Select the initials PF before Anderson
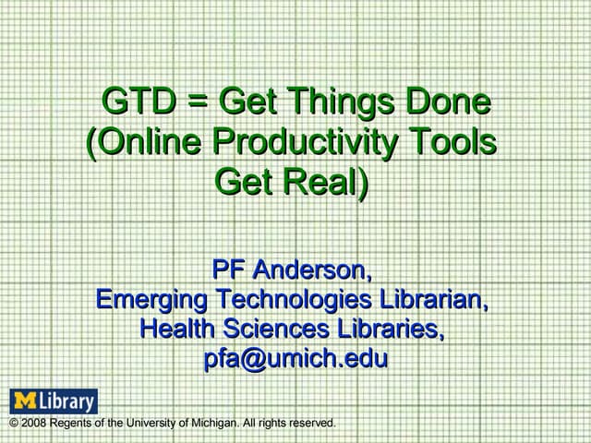point(228,270)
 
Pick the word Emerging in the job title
point(152,300)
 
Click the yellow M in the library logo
point(23,401)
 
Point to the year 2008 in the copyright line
point(33,424)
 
